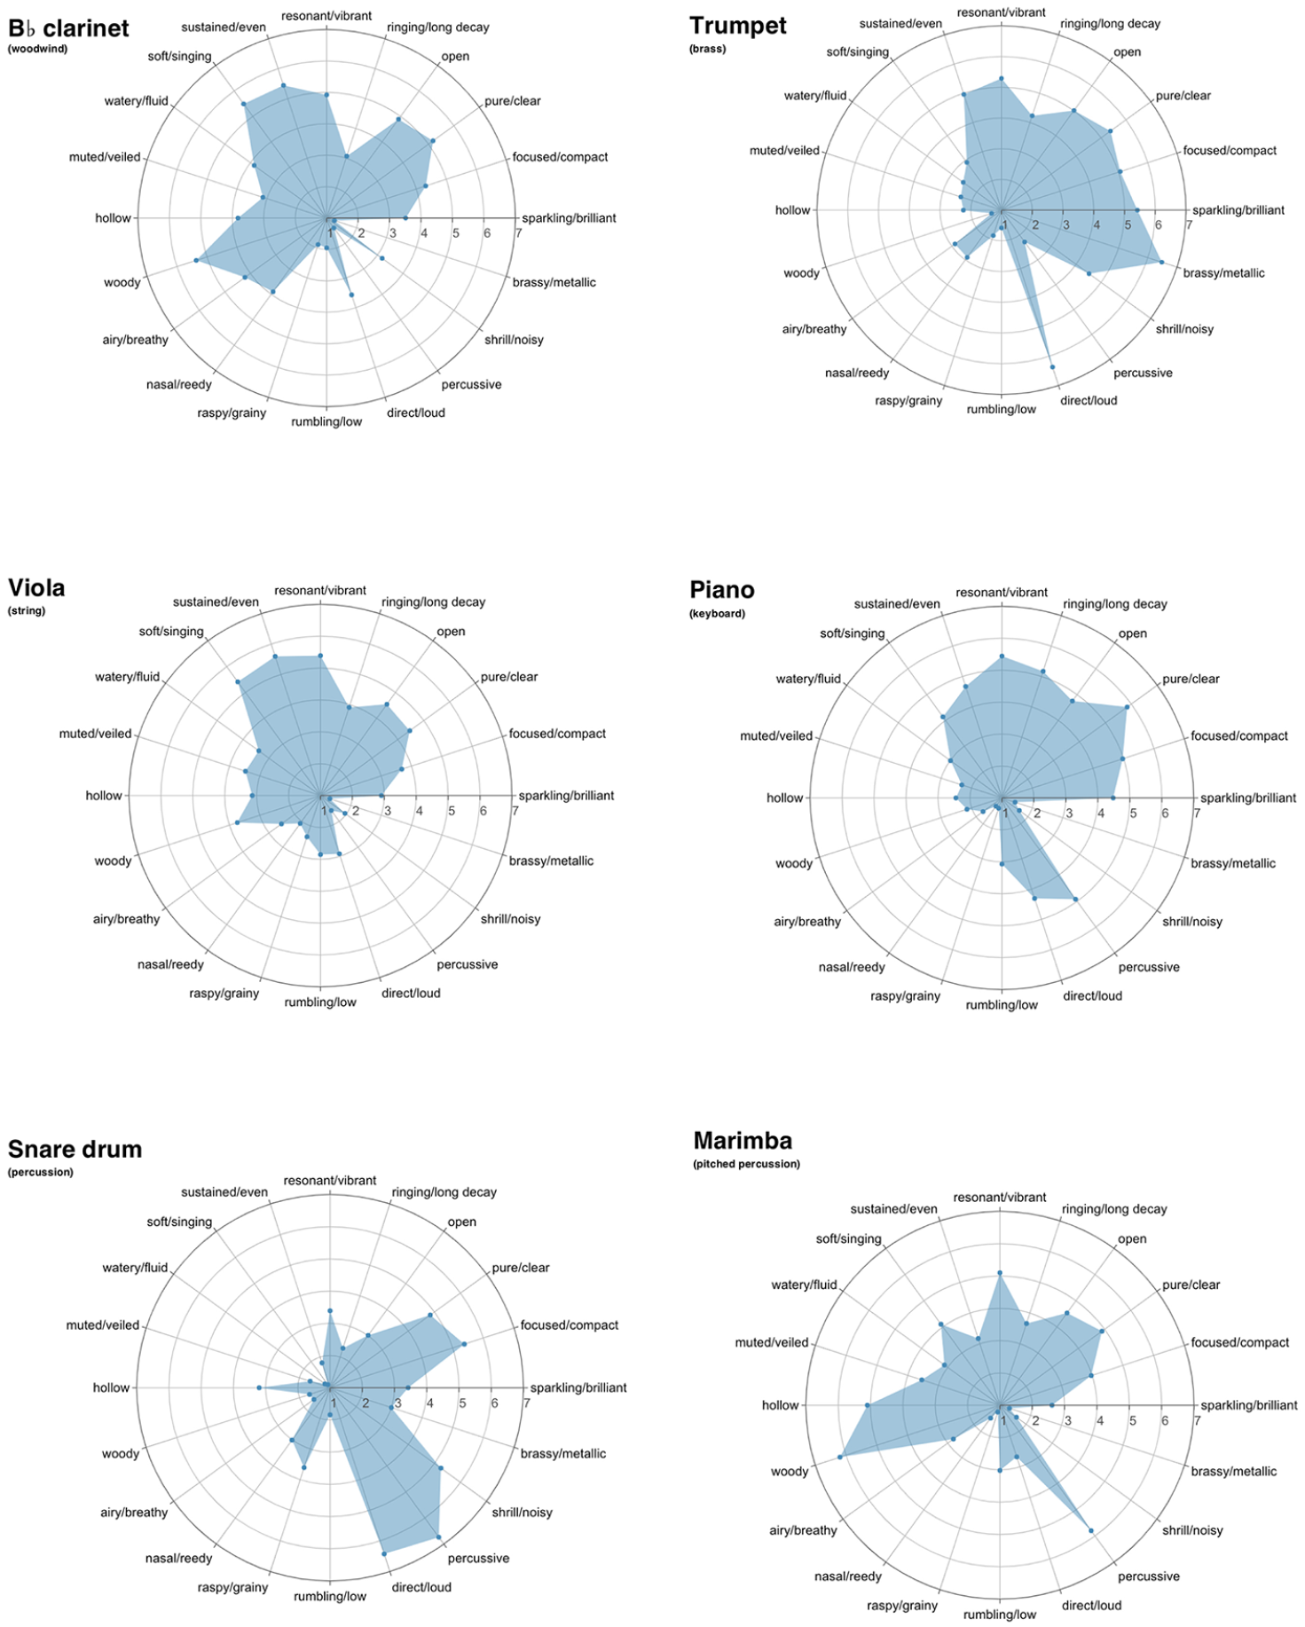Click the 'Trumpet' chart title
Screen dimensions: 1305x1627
737,26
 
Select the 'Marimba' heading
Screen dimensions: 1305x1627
743,1140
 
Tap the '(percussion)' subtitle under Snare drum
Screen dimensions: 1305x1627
41,1172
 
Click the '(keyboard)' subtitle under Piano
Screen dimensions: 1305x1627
718,613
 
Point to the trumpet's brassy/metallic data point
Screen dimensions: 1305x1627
1161,262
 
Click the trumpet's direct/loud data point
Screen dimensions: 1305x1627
1052,366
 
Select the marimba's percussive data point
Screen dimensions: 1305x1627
1090,1530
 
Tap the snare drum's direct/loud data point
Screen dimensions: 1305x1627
383,1553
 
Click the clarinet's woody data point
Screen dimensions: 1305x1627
196,260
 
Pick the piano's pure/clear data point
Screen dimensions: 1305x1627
1127,707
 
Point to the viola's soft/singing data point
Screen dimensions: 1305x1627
238,681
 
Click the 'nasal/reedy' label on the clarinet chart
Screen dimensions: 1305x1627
179,384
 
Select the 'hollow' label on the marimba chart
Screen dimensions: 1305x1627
780,1404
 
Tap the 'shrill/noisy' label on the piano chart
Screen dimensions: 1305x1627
1192,921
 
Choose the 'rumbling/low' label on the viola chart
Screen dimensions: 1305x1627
320,1002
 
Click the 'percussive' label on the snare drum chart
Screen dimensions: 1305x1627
478,1558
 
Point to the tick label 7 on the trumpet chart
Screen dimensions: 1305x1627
1189,224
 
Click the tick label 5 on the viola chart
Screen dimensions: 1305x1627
452,810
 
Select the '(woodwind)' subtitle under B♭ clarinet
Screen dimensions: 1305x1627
38,49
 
